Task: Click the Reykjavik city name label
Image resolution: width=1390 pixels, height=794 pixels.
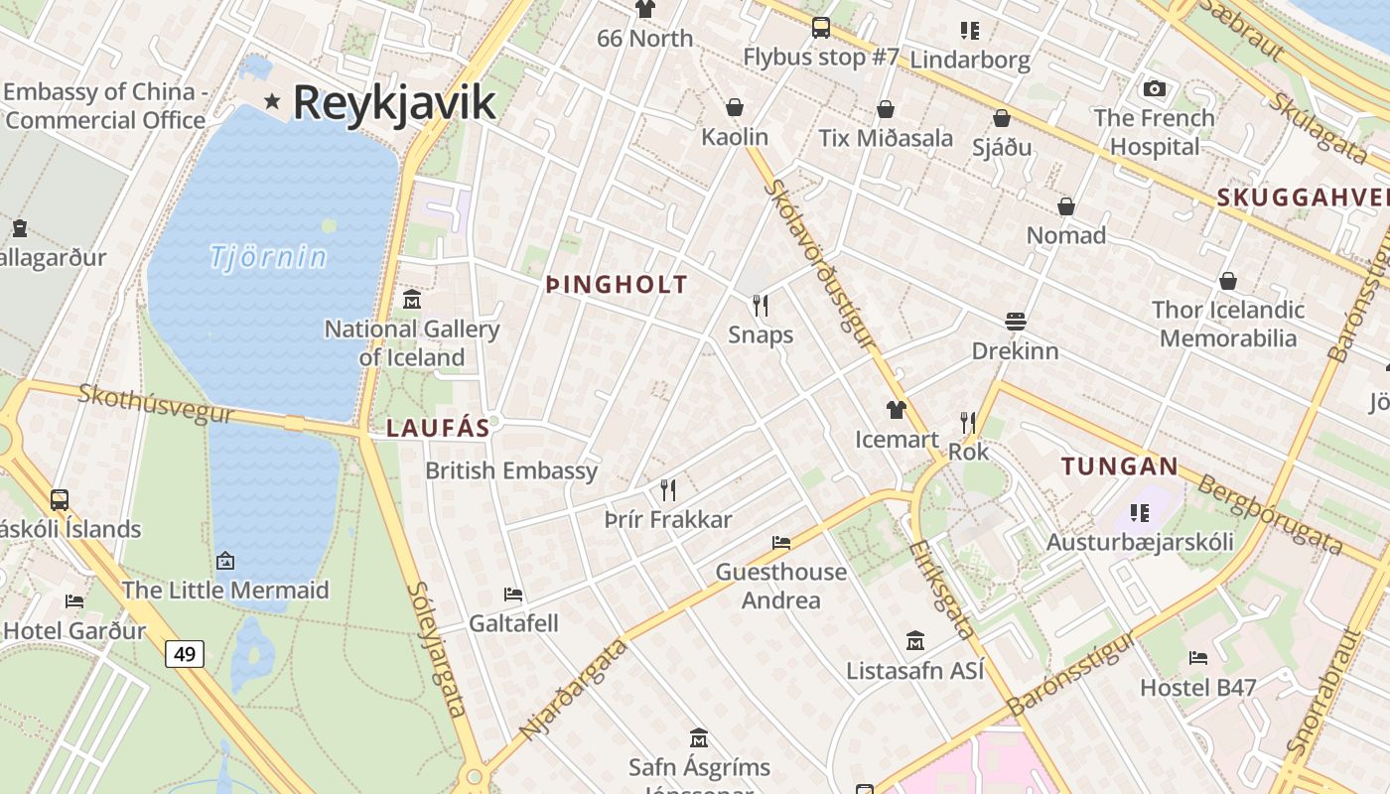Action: [394, 102]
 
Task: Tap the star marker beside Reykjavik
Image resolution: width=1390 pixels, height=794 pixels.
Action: [272, 101]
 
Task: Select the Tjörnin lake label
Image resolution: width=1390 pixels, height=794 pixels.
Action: [268, 257]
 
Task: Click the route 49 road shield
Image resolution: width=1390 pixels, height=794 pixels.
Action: [185, 653]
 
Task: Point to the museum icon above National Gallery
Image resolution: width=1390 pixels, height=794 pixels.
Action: [411, 299]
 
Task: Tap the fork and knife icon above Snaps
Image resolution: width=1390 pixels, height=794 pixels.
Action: [761, 305]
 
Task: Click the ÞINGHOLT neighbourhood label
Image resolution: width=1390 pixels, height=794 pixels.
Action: [617, 286]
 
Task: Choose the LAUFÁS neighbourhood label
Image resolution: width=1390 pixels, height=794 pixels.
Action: [438, 428]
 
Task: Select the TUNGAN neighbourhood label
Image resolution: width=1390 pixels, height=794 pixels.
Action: [1120, 466]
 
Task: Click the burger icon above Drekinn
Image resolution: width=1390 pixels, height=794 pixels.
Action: [1015, 322]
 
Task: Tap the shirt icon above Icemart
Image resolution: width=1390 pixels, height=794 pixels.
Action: [897, 409]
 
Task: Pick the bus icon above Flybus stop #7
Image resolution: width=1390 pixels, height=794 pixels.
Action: [820, 28]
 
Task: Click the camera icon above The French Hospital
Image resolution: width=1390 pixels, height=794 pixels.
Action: [1154, 89]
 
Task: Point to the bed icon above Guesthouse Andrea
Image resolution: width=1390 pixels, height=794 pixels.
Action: [781, 542]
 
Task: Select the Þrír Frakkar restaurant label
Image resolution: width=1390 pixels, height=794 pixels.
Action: [668, 520]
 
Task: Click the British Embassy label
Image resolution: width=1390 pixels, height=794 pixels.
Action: [511, 470]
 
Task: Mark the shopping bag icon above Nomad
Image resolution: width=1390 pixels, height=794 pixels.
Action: [1066, 206]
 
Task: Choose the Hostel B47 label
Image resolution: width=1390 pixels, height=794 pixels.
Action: [1198, 687]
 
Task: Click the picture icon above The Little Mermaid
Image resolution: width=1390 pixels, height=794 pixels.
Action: [225, 561]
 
